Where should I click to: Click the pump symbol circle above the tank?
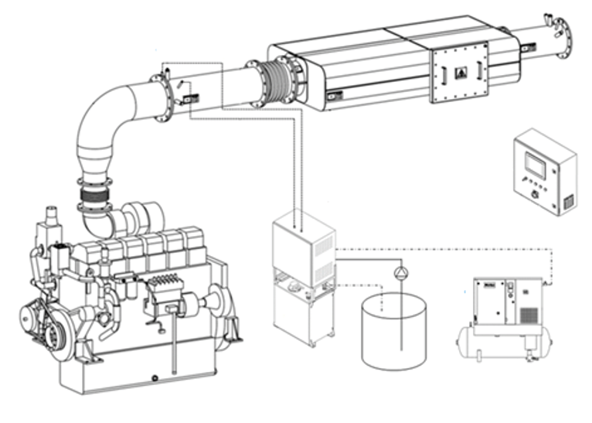[x=400, y=272]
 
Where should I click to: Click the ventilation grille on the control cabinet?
[x=567, y=202]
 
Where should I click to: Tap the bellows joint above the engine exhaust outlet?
[x=95, y=200]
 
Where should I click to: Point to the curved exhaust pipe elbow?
[x=104, y=124]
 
